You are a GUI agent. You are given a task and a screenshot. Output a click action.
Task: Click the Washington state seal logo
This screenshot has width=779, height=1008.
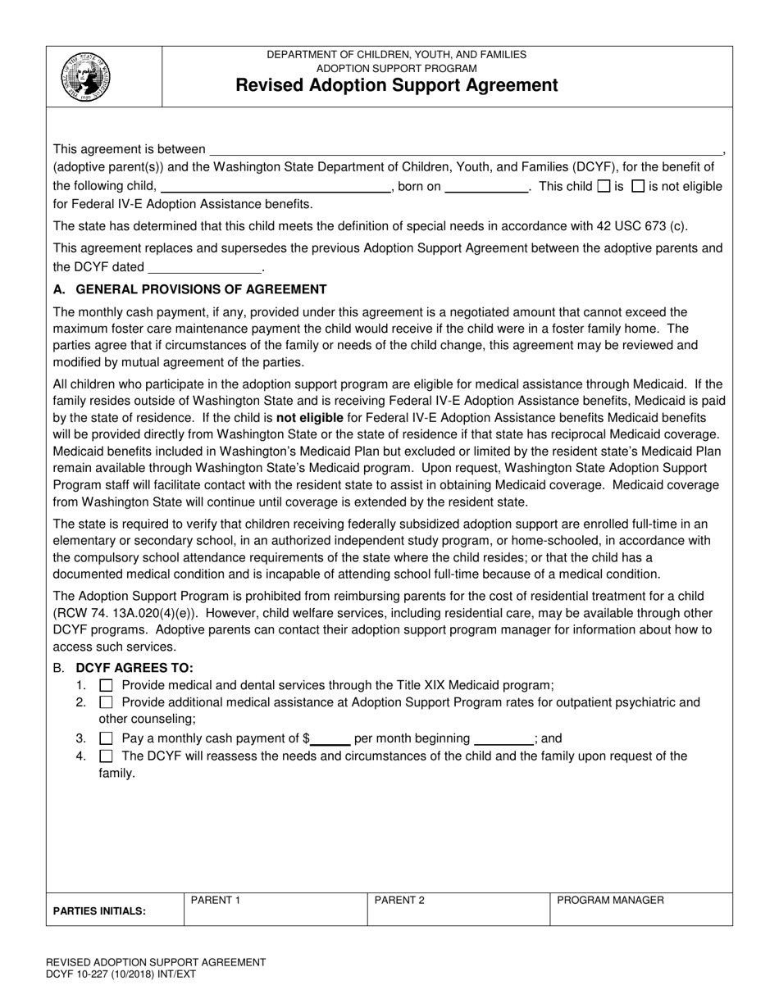coord(85,76)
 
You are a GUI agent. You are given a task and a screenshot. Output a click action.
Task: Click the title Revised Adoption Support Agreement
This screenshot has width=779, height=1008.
coord(397,85)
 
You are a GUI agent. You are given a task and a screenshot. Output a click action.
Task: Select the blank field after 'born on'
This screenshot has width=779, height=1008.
coord(486,186)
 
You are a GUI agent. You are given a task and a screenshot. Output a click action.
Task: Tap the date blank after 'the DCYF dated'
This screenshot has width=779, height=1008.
coord(204,267)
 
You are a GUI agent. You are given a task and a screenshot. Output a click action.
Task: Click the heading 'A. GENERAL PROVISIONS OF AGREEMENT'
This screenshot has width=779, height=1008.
coord(189,289)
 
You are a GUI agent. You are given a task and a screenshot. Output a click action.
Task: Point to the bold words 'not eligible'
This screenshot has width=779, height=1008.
coord(310,417)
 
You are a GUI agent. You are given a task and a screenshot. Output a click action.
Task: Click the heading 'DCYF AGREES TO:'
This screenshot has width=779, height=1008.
coord(134,668)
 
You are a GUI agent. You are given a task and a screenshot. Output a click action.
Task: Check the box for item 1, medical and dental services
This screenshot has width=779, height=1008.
coord(106,685)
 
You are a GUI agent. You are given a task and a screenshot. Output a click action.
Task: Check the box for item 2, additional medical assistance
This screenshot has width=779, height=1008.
coord(106,702)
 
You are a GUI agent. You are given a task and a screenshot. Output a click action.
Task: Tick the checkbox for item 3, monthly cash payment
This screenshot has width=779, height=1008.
coord(106,738)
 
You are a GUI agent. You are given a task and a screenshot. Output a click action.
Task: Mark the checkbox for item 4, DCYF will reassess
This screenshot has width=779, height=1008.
coord(106,756)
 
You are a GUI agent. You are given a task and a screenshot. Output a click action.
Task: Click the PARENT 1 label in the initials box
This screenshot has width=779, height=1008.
coord(215,901)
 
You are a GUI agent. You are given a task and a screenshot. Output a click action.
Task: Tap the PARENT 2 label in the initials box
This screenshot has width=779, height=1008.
coord(399,901)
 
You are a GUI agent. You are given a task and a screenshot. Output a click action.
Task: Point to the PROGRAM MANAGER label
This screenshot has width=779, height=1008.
coord(610,901)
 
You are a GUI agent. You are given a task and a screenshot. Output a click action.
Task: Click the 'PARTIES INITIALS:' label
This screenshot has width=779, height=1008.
coord(99,911)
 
